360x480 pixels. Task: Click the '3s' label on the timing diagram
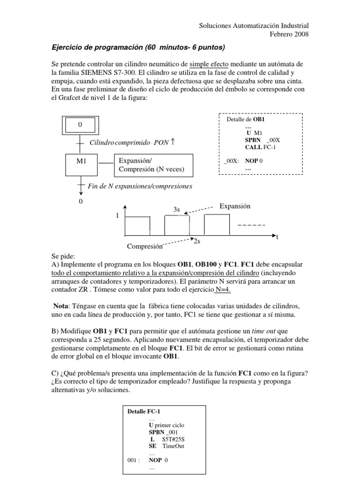[177, 210]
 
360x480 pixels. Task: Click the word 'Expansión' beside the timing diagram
[235, 206]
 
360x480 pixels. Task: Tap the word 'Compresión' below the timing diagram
[144, 246]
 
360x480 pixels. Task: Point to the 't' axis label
[277, 237]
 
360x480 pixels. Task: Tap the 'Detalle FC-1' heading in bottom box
[143, 412]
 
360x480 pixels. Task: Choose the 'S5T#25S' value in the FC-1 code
[173, 439]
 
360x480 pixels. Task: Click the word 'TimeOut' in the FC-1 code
[173, 446]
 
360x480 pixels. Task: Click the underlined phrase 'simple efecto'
[209, 63]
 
